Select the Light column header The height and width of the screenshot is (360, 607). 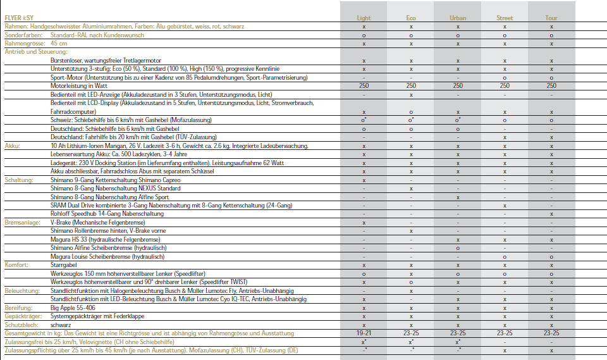click(x=364, y=18)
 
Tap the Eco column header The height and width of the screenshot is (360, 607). click(x=411, y=18)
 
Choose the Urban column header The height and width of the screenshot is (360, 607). click(x=458, y=18)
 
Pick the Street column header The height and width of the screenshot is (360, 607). click(x=505, y=18)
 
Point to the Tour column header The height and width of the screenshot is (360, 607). click(x=551, y=18)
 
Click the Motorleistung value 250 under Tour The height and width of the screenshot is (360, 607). click(x=551, y=85)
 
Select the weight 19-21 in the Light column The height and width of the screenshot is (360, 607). click(x=364, y=332)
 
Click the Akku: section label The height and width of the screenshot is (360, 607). click(x=13, y=146)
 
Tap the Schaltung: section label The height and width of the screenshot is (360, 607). click(x=18, y=180)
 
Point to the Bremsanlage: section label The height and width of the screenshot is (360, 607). click(x=22, y=223)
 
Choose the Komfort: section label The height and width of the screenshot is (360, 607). click(x=16, y=265)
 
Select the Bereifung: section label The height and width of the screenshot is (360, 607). click(x=20, y=307)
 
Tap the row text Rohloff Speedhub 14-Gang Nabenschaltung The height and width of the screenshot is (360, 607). click(x=107, y=214)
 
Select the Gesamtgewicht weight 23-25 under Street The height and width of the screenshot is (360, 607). click(x=505, y=332)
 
